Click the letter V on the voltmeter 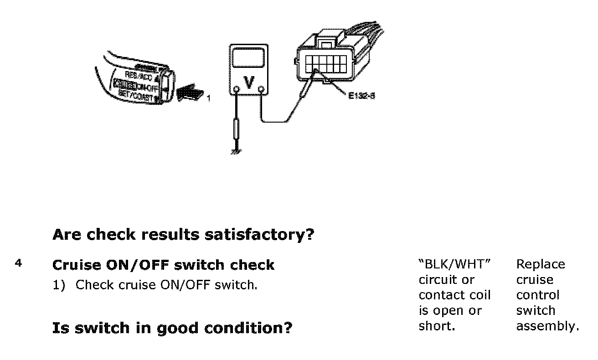pyautogui.click(x=249, y=82)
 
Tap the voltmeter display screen pyautogui.click(x=248, y=58)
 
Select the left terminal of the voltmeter pyautogui.click(x=236, y=89)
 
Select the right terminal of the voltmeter pyautogui.click(x=262, y=89)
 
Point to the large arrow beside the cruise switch pyautogui.click(x=191, y=93)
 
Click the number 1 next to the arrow pyautogui.click(x=209, y=98)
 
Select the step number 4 pyautogui.click(x=18, y=263)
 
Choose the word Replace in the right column pyautogui.click(x=540, y=264)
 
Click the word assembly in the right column pyautogui.click(x=547, y=326)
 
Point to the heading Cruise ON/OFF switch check pyautogui.click(x=163, y=265)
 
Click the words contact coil pyautogui.click(x=454, y=295)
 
